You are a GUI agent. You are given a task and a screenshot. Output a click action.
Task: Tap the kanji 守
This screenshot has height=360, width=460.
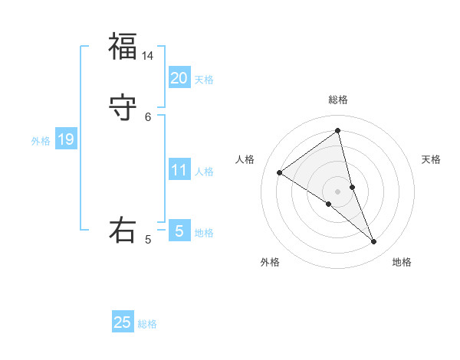[x=122, y=107]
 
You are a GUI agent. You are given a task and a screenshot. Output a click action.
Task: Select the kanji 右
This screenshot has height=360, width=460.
[x=122, y=231]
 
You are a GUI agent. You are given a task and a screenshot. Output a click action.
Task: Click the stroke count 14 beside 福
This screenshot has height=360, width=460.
[x=148, y=56]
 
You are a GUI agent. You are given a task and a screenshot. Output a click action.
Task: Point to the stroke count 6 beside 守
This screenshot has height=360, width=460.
[x=148, y=116]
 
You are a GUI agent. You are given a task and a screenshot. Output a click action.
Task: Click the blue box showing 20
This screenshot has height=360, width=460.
[x=179, y=78]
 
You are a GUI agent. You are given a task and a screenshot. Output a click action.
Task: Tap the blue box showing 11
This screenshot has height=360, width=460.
[x=179, y=170]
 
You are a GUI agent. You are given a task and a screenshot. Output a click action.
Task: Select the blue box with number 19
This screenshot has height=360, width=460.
[x=65, y=139]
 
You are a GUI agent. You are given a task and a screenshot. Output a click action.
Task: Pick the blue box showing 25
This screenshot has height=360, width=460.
[x=123, y=322]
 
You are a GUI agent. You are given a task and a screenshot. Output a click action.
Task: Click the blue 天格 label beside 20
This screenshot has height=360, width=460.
[x=204, y=80]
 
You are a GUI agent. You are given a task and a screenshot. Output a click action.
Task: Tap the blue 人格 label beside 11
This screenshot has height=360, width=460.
[x=204, y=172]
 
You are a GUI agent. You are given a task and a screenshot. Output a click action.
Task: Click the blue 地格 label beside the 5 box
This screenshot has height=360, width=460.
[x=204, y=233]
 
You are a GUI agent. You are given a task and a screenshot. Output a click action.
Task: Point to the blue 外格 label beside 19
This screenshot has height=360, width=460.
[x=41, y=141]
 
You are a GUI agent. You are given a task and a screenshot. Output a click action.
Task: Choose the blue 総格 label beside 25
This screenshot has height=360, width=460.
[x=147, y=324]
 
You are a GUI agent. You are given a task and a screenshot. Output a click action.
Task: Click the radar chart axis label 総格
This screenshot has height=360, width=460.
[x=338, y=100]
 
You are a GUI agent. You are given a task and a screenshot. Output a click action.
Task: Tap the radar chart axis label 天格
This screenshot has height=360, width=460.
[x=431, y=159]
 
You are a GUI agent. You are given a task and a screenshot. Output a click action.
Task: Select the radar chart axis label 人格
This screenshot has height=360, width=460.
[x=245, y=159]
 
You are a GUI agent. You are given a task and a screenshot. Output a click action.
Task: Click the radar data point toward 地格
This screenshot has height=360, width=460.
[x=374, y=242]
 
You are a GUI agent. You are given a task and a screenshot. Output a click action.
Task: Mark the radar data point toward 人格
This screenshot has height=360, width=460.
[x=280, y=173]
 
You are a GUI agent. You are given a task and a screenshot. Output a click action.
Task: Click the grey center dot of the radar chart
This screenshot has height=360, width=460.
[x=338, y=191]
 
